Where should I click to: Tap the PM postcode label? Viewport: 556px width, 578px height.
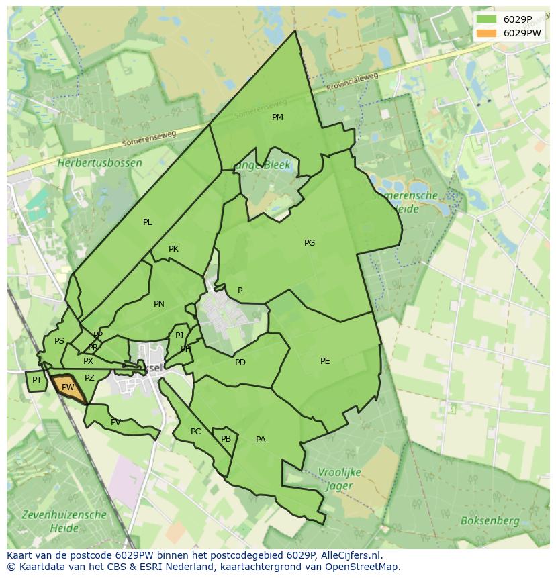pos(277,117)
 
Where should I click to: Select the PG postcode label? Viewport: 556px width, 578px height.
pos(310,243)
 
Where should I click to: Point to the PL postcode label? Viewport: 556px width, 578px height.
pos(148,222)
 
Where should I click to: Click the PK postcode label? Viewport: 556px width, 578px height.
pos(173,249)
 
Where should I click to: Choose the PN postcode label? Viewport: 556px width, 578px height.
pos(159,304)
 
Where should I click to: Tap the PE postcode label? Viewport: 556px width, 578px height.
pos(325,361)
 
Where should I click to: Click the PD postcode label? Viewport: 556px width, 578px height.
pos(240,363)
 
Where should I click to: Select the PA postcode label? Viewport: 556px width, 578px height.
pos(261,440)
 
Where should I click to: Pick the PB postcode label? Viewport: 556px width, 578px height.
pos(226,439)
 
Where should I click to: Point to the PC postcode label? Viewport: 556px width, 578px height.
pos(195,432)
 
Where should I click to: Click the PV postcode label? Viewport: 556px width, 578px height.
pos(115,422)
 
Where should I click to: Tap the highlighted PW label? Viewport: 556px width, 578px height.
pos(68,387)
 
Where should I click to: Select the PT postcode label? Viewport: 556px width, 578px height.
pos(37,380)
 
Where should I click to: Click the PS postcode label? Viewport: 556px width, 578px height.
pos(59,341)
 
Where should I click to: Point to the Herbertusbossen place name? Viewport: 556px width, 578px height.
pos(99,163)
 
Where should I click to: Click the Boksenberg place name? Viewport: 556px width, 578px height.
pos(490,521)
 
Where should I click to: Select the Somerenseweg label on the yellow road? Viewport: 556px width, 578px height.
pos(149,138)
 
